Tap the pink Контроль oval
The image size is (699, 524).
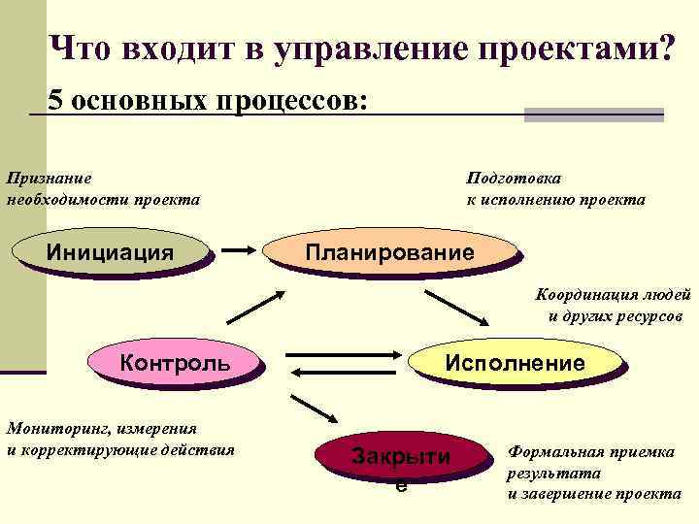point(175,363)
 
